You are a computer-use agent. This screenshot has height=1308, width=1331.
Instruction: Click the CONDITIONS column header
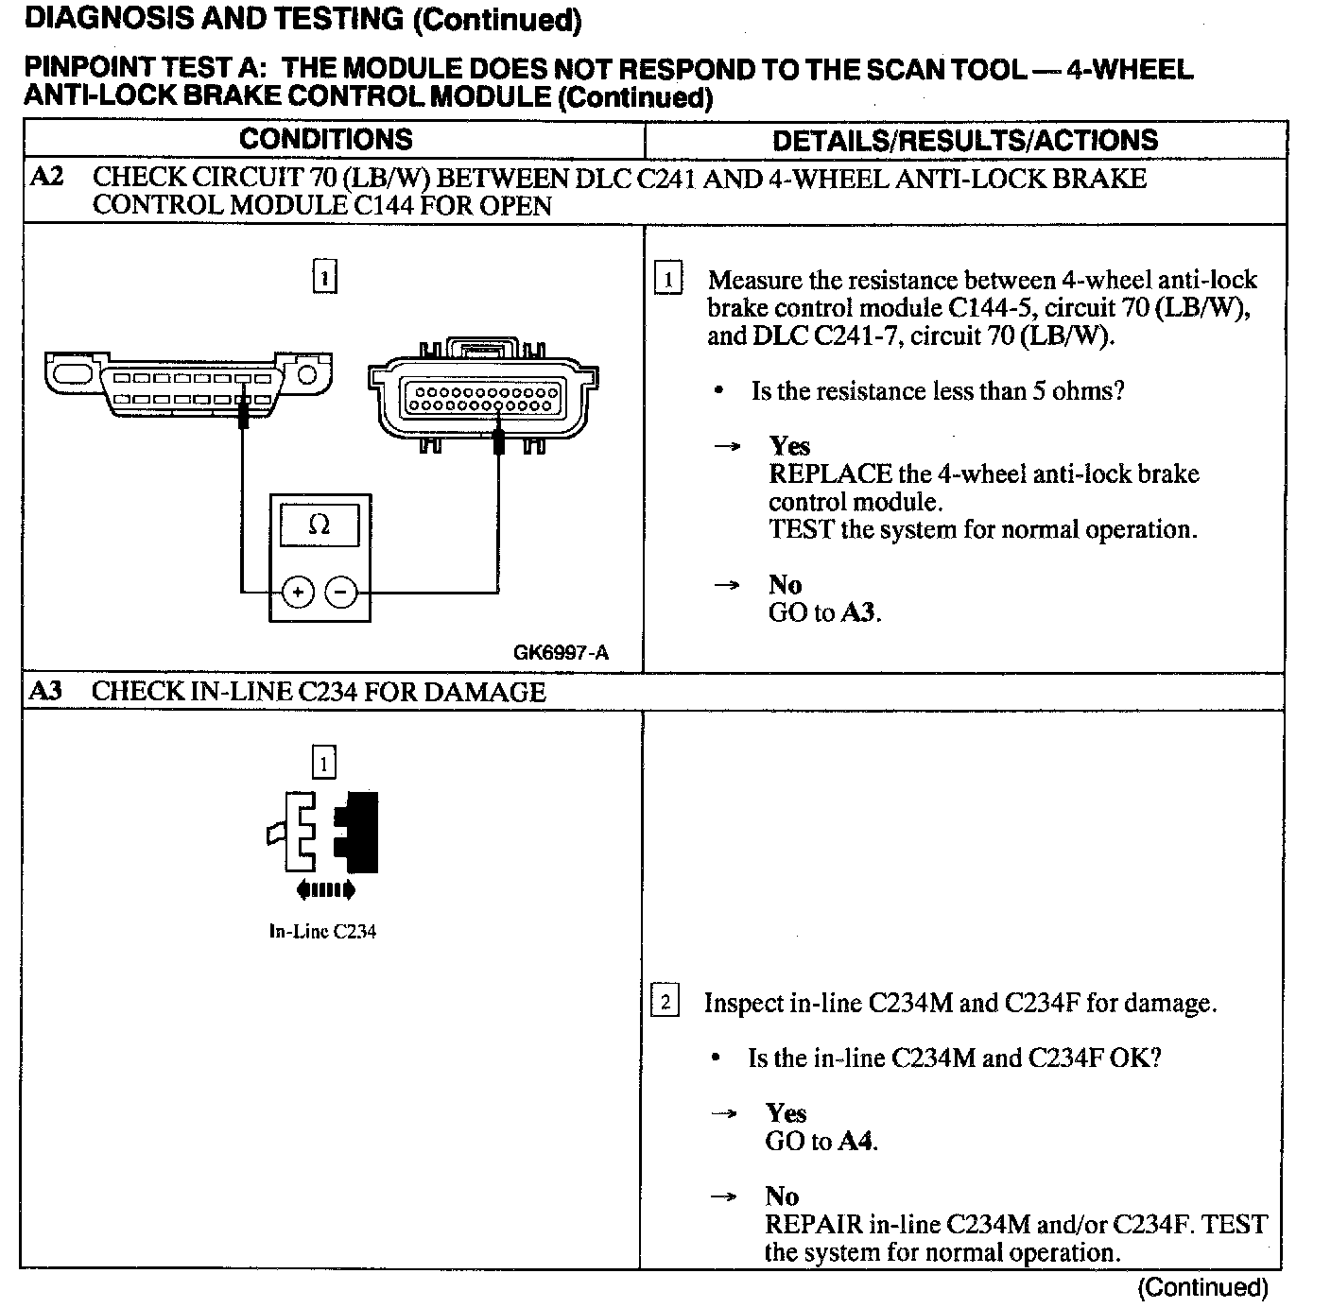pos(325,140)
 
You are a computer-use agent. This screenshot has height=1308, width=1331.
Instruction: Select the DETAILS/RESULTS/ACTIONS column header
pos(965,141)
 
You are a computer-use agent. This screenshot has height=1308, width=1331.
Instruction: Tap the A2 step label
pos(47,178)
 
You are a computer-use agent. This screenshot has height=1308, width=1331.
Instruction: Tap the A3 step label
pos(46,691)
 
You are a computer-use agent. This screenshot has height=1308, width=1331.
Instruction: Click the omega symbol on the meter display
pos(320,525)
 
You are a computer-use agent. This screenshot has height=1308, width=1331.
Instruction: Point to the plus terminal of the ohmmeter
pos(298,593)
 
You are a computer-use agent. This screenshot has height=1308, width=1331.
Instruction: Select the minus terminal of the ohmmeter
pos(341,593)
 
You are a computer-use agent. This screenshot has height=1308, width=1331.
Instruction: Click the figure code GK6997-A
pos(561,652)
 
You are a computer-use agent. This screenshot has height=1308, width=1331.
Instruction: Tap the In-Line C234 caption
pos(322,932)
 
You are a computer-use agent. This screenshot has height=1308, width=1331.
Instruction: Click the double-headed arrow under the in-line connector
pos(325,889)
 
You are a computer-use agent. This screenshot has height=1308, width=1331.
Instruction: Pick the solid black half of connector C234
pos(358,832)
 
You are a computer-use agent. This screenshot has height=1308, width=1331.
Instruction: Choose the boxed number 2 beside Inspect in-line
pos(665,1002)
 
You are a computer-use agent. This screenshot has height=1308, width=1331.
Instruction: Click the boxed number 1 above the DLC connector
pos(324,277)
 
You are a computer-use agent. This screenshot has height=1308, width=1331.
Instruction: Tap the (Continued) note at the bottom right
pos(1202,1287)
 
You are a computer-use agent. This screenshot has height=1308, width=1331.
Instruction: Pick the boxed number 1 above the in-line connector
pos(323,763)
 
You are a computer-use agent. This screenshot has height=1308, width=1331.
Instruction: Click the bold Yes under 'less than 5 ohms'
pos(789,446)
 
